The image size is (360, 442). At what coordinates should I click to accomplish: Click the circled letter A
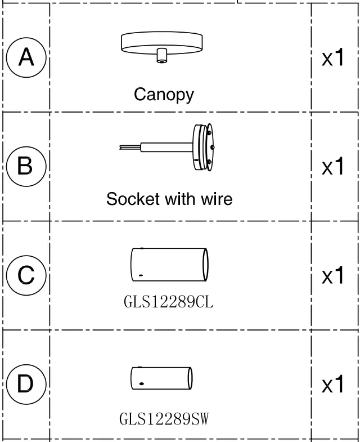[26, 57]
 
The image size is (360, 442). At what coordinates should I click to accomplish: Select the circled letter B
[26, 167]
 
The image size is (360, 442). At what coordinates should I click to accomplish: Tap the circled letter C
[26, 276]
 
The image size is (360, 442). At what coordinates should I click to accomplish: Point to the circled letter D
[26, 385]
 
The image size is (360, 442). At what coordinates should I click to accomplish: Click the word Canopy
[164, 94]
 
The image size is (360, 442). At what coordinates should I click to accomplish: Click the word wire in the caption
[214, 199]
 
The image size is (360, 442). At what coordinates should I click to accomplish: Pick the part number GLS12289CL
[168, 302]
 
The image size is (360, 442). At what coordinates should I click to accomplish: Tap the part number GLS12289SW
[164, 419]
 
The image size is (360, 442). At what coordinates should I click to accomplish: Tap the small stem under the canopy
[162, 56]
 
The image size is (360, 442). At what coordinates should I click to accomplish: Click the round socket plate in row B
[203, 147]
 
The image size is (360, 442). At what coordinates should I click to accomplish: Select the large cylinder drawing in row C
[169, 264]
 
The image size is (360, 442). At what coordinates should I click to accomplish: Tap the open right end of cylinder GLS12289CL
[206, 264]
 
